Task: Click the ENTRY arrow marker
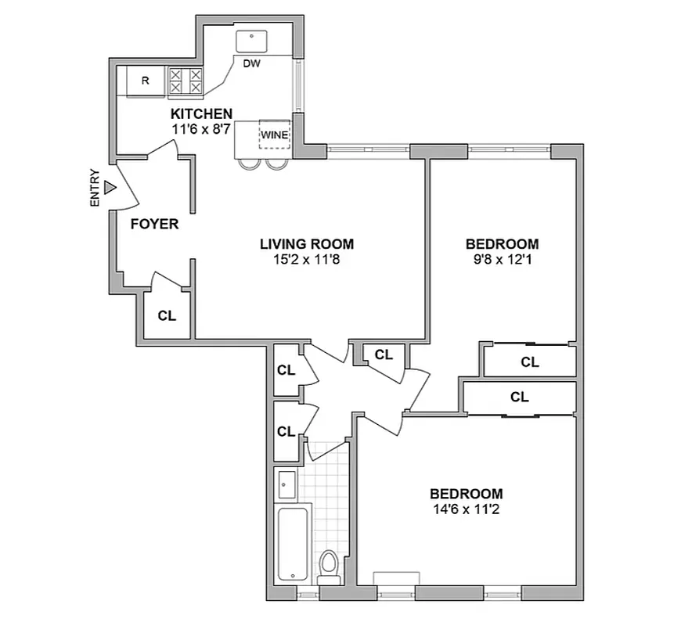click(110, 188)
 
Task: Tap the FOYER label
click(154, 225)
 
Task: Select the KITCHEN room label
click(202, 113)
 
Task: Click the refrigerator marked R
click(145, 81)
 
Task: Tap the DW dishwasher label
click(251, 63)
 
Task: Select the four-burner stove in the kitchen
click(186, 81)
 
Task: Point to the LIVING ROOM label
click(307, 243)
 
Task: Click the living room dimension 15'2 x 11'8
click(307, 259)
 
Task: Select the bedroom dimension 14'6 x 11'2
click(466, 509)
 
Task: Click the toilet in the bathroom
click(330, 565)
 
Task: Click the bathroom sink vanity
click(286, 485)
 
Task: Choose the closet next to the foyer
click(166, 316)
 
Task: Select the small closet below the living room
click(383, 355)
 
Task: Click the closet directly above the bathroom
click(286, 431)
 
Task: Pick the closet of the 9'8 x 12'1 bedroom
click(530, 362)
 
